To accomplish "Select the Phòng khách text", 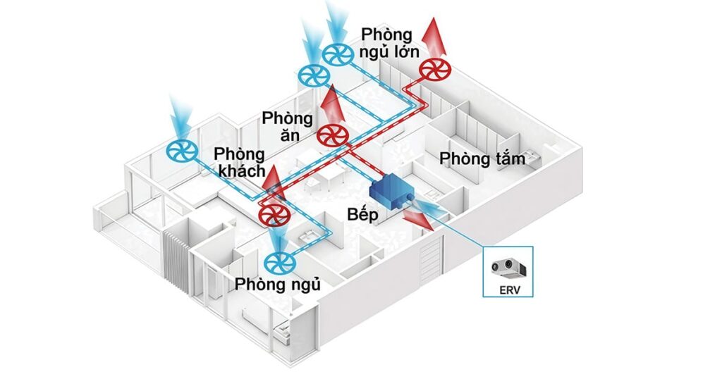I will pyautogui.click(x=240, y=162).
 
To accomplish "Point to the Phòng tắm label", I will pyautogui.click(x=482, y=159).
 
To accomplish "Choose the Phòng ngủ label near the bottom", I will pyautogui.click(x=279, y=285).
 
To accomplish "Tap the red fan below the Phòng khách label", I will pyautogui.click(x=270, y=215).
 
